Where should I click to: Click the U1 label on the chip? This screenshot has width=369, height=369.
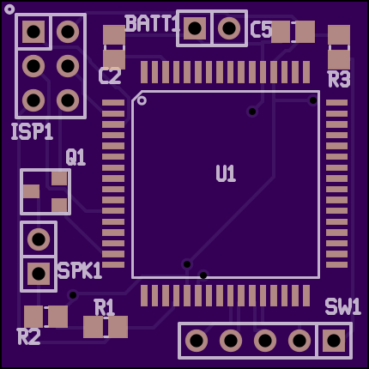click(226, 173)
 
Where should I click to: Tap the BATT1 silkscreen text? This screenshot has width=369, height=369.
click(152, 23)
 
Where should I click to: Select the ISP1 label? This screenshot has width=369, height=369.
click(32, 132)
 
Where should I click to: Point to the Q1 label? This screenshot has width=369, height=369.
click(76, 157)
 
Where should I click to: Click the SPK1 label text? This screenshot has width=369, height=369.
click(80, 270)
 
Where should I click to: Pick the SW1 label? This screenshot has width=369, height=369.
click(342, 307)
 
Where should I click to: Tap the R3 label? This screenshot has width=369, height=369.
click(339, 79)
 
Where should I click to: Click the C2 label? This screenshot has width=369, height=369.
click(110, 76)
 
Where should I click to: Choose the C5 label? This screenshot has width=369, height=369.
click(261, 30)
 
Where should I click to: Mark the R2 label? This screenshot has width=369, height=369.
click(29, 336)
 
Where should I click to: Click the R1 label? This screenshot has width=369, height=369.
click(105, 307)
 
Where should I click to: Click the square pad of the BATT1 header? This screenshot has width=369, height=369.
click(195, 28)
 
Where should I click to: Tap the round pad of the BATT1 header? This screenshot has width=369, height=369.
click(229, 28)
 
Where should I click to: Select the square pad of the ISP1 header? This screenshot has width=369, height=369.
click(33, 32)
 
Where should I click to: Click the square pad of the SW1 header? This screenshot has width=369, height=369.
click(334, 341)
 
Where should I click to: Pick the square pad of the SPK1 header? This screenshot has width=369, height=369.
click(39, 274)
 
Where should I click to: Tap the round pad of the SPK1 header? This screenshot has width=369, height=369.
click(39, 239)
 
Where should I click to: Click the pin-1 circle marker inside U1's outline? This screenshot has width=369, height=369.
click(142, 100)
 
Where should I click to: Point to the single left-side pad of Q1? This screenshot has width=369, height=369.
click(31, 191)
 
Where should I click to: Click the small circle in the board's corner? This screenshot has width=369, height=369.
click(9, 9)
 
